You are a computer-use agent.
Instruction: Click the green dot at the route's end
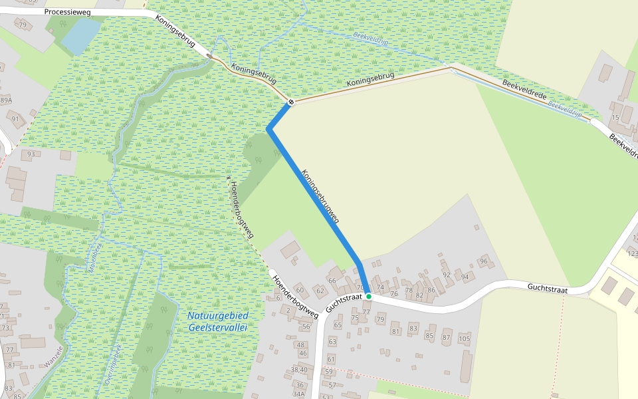(x=368, y=296)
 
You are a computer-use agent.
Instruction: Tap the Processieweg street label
(x=67, y=12)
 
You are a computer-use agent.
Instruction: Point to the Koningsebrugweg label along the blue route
(x=320, y=196)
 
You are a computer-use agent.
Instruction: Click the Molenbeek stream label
(x=92, y=255)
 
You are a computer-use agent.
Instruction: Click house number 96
(x=483, y=261)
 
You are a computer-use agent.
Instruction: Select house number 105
(x=464, y=339)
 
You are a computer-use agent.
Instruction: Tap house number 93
(x=30, y=154)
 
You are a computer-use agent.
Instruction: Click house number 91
(x=15, y=118)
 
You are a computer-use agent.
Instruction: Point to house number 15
(x=615, y=118)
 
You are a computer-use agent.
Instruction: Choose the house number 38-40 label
(x=299, y=370)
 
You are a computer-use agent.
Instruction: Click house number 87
(x=446, y=337)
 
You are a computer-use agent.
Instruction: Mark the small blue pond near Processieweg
(x=78, y=35)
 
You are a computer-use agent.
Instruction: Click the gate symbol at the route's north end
(x=291, y=102)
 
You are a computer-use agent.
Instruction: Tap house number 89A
(x=6, y=100)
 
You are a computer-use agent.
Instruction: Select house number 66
(x=332, y=281)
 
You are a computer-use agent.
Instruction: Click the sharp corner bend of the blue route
(x=268, y=128)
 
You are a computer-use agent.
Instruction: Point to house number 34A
(x=298, y=394)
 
